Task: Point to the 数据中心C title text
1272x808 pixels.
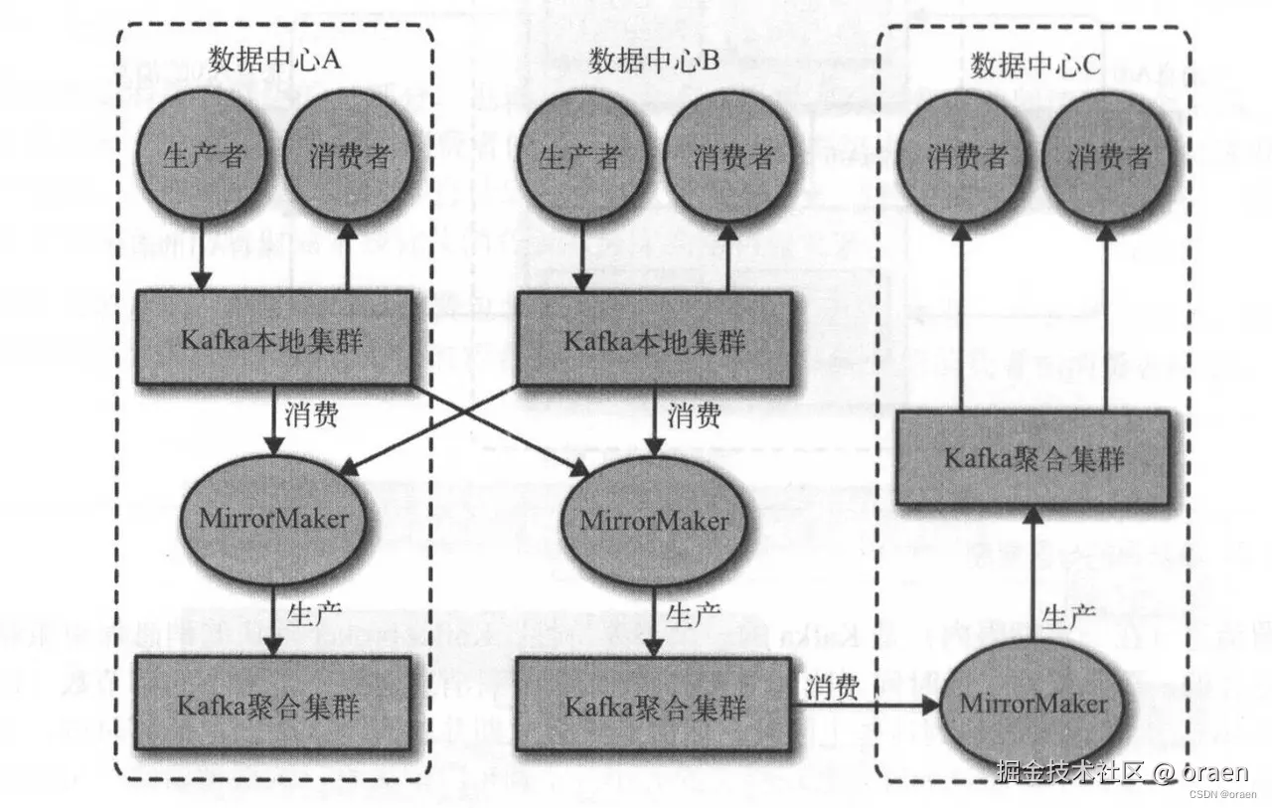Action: (1035, 66)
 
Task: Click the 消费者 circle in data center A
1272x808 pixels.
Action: (348, 156)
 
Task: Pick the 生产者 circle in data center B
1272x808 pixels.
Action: (580, 156)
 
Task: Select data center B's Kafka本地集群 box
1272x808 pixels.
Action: (654, 340)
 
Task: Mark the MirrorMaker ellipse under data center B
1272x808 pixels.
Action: (654, 521)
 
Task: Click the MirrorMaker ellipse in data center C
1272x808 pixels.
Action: (1033, 704)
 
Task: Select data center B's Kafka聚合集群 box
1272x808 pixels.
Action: (654, 706)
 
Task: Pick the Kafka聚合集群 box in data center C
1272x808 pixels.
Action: (1033, 458)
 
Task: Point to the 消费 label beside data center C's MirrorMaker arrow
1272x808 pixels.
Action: (833, 688)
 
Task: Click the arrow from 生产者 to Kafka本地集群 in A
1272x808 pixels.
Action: (202, 255)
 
